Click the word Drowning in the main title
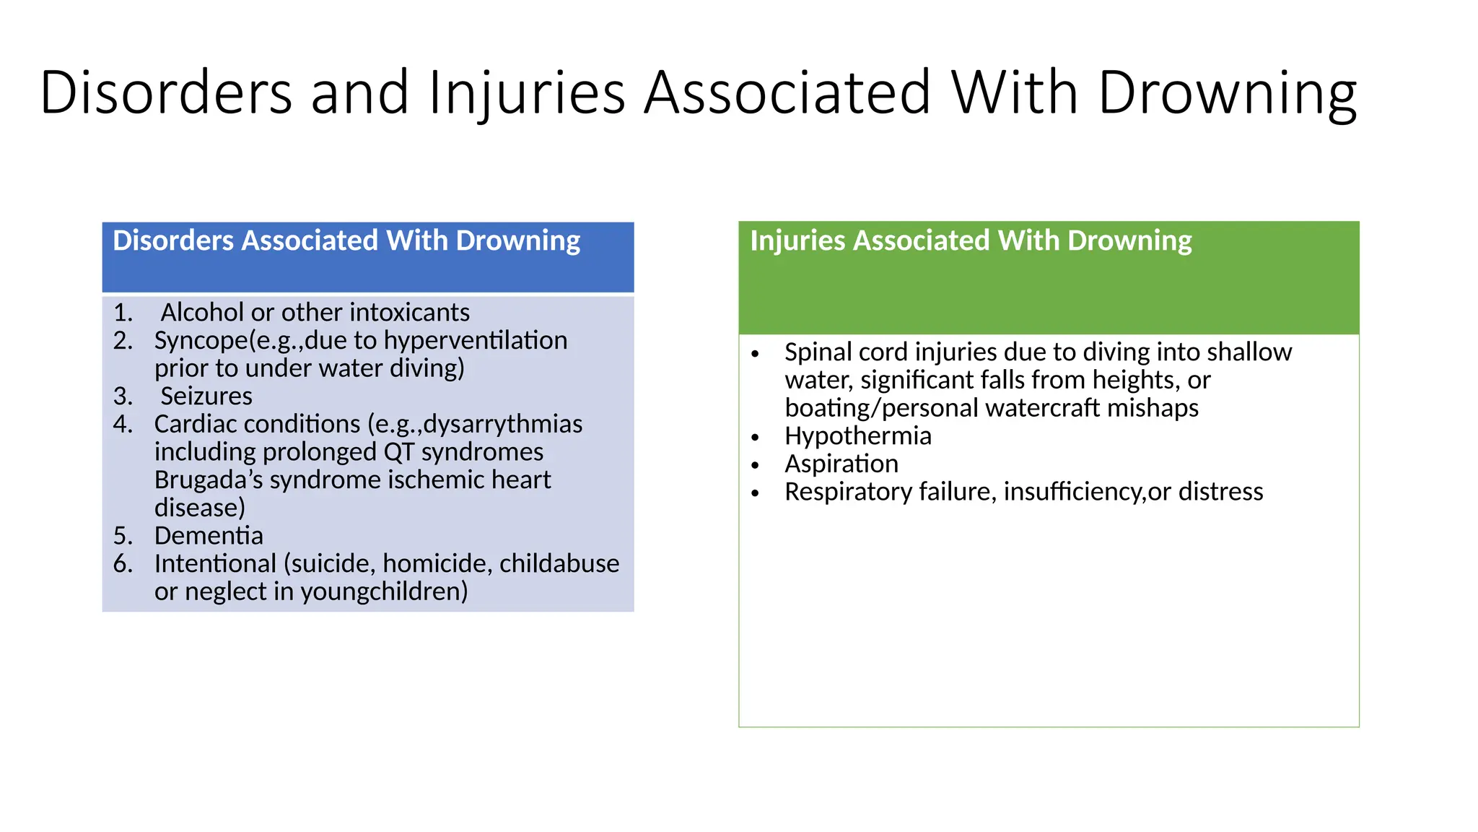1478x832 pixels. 1227,92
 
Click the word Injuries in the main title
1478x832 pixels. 527,92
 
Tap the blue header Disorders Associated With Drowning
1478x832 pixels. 346,241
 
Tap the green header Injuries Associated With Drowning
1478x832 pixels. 971,241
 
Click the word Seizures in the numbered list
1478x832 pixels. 206,396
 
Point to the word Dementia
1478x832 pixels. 209,535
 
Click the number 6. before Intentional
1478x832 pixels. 123,563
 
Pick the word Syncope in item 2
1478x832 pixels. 201,340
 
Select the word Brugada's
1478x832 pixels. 209,480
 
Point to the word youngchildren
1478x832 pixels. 384,591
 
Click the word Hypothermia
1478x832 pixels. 858,435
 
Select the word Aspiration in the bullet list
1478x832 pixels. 841,464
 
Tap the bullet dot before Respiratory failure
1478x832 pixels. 755,494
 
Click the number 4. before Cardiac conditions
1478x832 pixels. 123,424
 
